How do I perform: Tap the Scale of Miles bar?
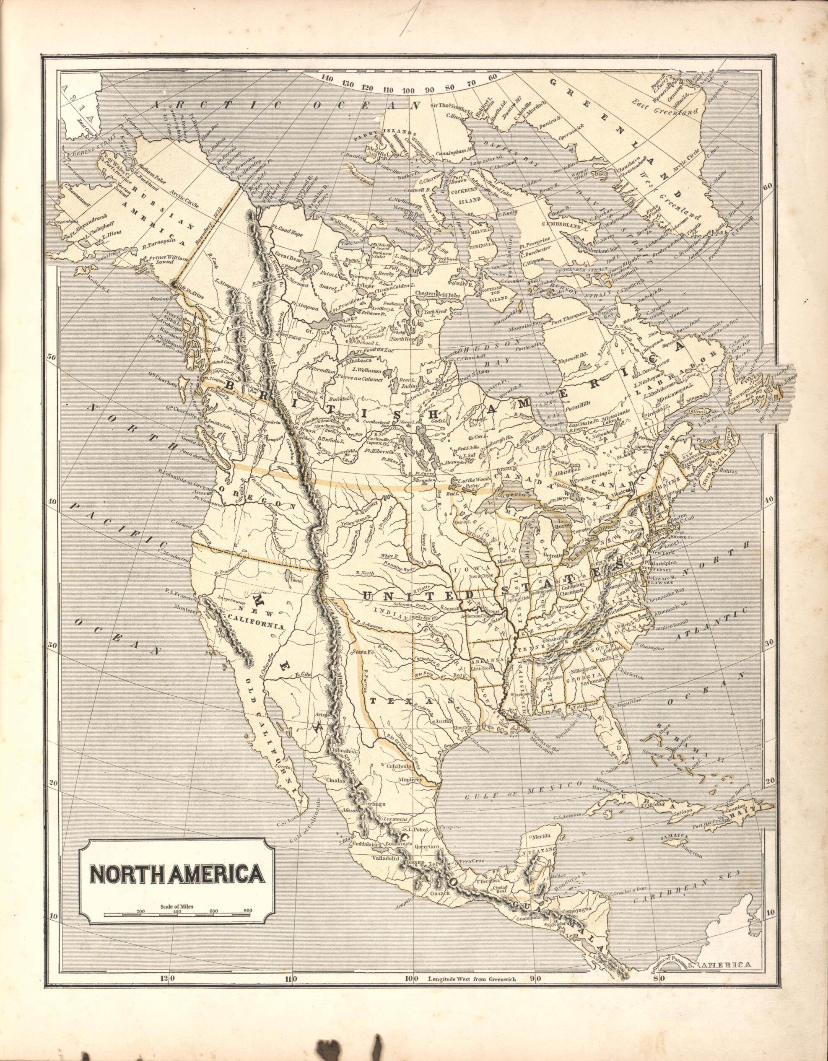(177, 915)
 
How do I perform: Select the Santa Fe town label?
(365, 651)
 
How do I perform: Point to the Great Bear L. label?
(290, 254)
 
